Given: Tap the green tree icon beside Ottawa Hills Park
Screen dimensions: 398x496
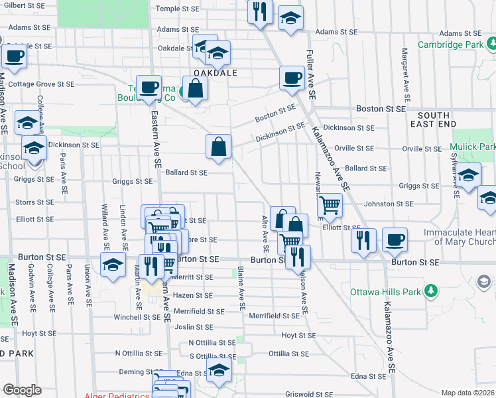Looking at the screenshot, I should [x=432, y=291].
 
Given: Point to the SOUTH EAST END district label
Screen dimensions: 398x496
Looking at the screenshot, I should [x=434, y=119].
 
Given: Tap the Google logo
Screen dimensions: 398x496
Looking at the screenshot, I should [x=22, y=390].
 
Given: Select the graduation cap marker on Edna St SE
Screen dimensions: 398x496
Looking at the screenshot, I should [x=217, y=374].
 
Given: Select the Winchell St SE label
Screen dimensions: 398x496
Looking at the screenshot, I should [x=137, y=317].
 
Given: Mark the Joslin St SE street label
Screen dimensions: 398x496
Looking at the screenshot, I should [x=194, y=327].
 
